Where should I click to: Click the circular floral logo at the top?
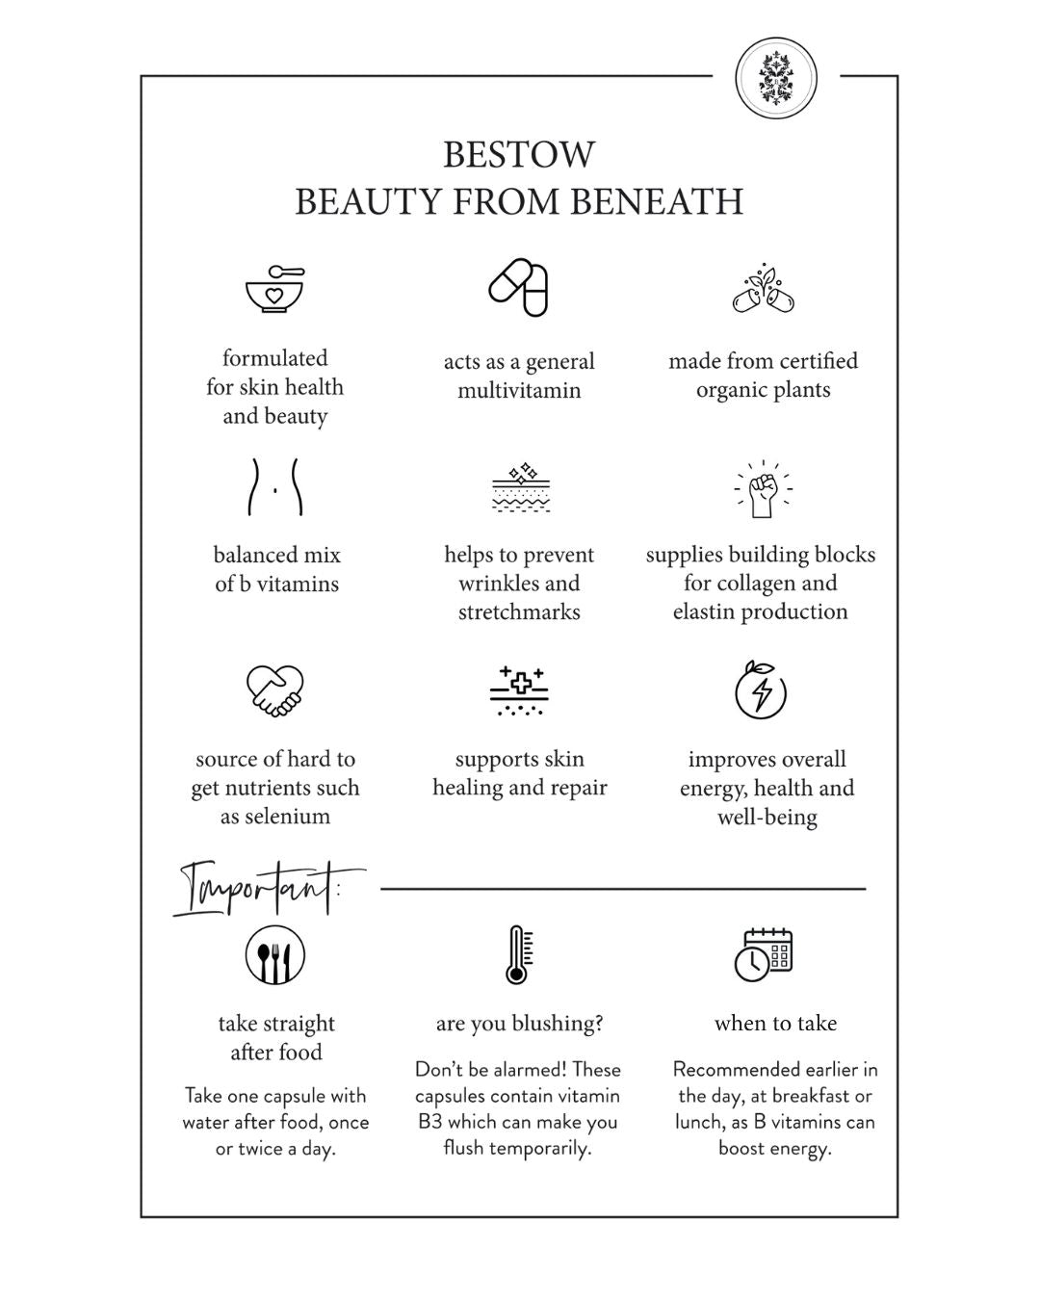click(x=775, y=78)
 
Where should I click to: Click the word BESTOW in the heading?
click(x=519, y=154)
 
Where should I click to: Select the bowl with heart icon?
click(x=275, y=288)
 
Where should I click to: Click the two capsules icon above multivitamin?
click(x=518, y=287)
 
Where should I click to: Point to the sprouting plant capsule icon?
click(x=764, y=288)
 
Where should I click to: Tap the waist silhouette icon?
click(x=275, y=486)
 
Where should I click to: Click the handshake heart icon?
click(x=275, y=690)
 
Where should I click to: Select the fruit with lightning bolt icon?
click(x=761, y=689)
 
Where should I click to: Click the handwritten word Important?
click(x=258, y=888)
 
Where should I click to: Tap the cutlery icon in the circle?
click(x=275, y=955)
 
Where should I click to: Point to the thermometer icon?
click(x=518, y=954)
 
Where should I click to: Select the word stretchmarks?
click(x=519, y=612)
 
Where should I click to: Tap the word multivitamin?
click(x=519, y=391)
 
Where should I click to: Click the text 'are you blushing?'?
click(x=519, y=1024)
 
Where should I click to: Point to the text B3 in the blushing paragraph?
click(x=430, y=1122)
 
